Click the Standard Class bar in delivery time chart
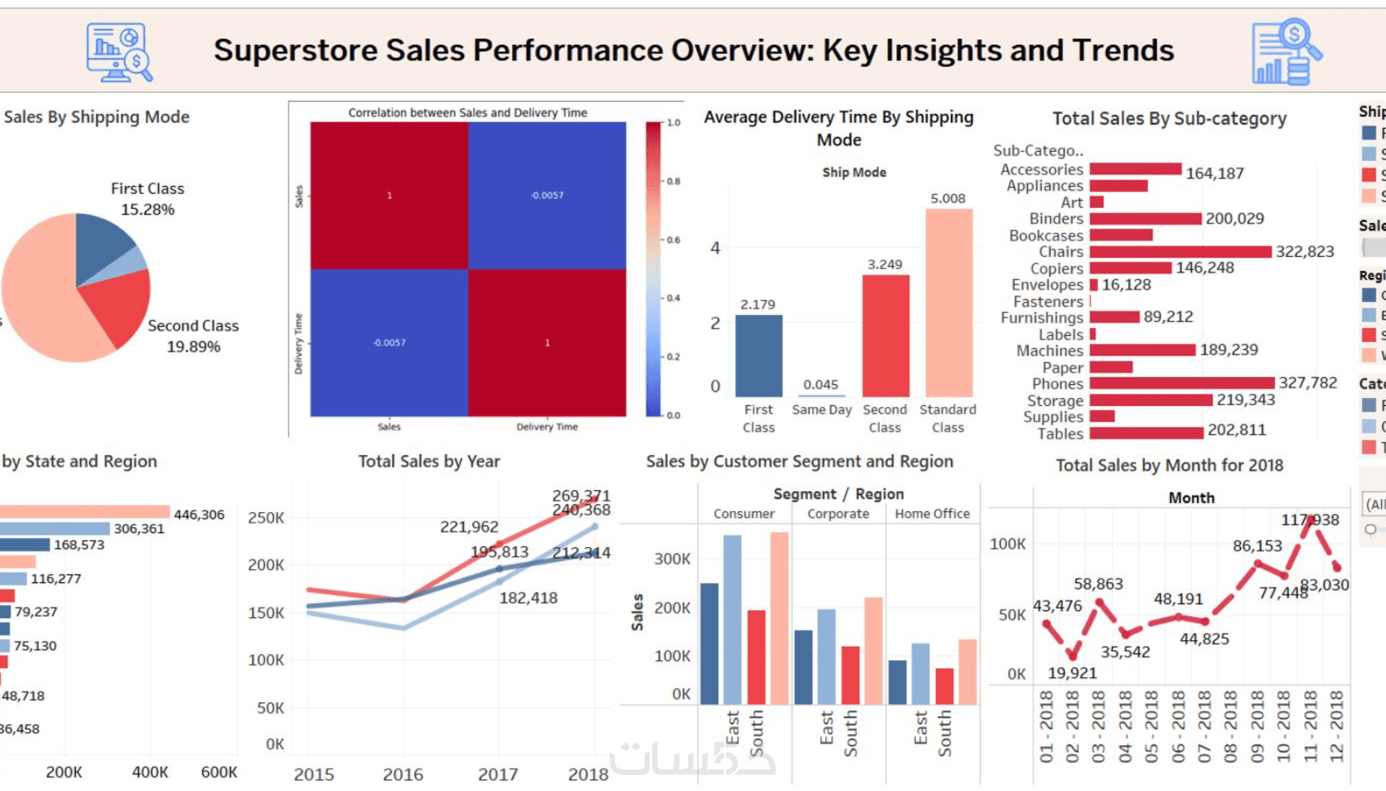click(948, 303)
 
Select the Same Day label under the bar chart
click(821, 409)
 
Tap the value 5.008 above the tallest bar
click(947, 198)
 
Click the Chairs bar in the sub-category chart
click(1180, 252)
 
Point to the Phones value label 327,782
click(1307, 382)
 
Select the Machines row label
click(1049, 351)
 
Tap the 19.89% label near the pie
click(193, 347)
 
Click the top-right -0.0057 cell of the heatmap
click(547, 196)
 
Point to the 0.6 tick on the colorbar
click(673, 240)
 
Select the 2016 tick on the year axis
click(403, 774)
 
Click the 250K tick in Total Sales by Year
click(266, 518)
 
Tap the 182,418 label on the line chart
click(528, 598)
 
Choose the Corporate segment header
click(838, 514)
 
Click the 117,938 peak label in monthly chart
click(1309, 519)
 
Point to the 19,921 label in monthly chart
click(1072, 673)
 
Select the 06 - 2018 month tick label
click(1178, 726)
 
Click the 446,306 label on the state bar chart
click(199, 515)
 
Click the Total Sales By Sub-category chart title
click(1169, 119)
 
